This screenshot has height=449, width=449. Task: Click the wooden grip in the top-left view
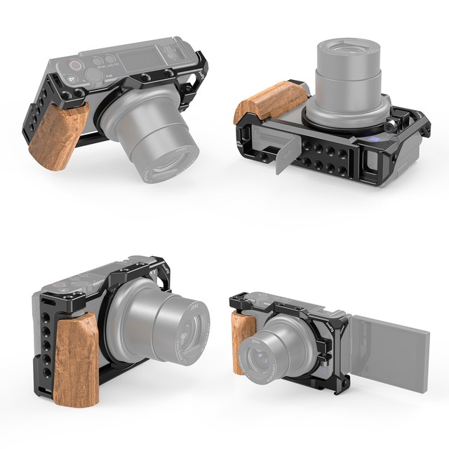[x=58, y=137]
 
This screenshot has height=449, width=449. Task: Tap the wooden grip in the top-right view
[x=269, y=103]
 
